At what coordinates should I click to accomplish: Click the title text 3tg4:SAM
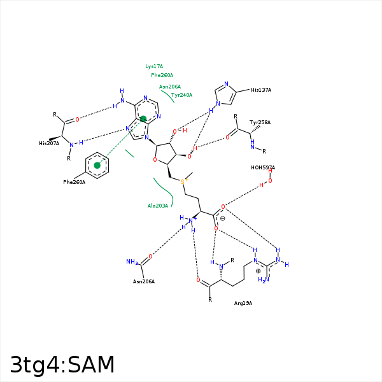[62, 365]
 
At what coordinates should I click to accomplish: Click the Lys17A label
[154, 66]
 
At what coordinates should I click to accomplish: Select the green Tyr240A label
[181, 95]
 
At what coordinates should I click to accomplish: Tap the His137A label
[261, 90]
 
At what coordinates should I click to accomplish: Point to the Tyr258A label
[260, 122]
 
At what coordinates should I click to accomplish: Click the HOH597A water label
[263, 167]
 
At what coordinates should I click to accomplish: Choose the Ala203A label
[158, 206]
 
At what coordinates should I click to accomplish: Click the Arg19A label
[243, 303]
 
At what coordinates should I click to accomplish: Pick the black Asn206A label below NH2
[144, 281]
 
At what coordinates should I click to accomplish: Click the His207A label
[49, 143]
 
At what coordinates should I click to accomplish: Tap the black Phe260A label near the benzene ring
[74, 182]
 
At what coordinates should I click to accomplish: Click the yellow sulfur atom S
[183, 181]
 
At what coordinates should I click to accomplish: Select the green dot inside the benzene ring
[97, 166]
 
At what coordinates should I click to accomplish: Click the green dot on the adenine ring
[143, 119]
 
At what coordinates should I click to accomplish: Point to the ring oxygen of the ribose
[155, 160]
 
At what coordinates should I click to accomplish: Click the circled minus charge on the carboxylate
[222, 218]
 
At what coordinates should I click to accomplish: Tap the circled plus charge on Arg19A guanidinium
[258, 271]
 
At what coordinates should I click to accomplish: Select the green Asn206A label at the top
[170, 87]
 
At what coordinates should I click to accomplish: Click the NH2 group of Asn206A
[132, 262]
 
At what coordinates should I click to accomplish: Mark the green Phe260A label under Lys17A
[162, 75]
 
